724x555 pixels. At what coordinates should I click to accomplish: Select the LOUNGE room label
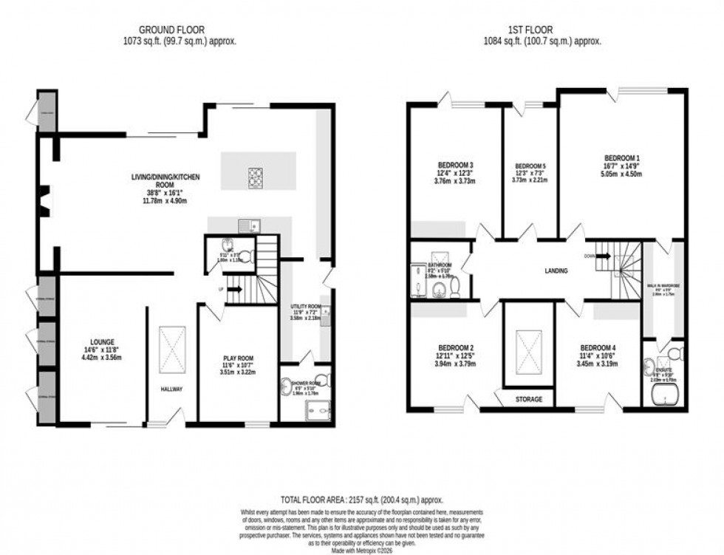click(103, 342)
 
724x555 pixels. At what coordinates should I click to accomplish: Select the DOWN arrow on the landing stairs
click(602, 256)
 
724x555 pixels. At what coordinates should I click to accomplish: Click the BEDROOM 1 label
click(621, 158)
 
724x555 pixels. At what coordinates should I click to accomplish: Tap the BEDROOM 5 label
click(530, 166)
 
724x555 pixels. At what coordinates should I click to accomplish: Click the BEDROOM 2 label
click(454, 348)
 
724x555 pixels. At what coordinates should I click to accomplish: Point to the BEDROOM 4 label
click(597, 348)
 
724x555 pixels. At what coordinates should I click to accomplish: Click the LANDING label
click(556, 271)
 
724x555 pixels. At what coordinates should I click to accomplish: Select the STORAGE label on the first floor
click(528, 400)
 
